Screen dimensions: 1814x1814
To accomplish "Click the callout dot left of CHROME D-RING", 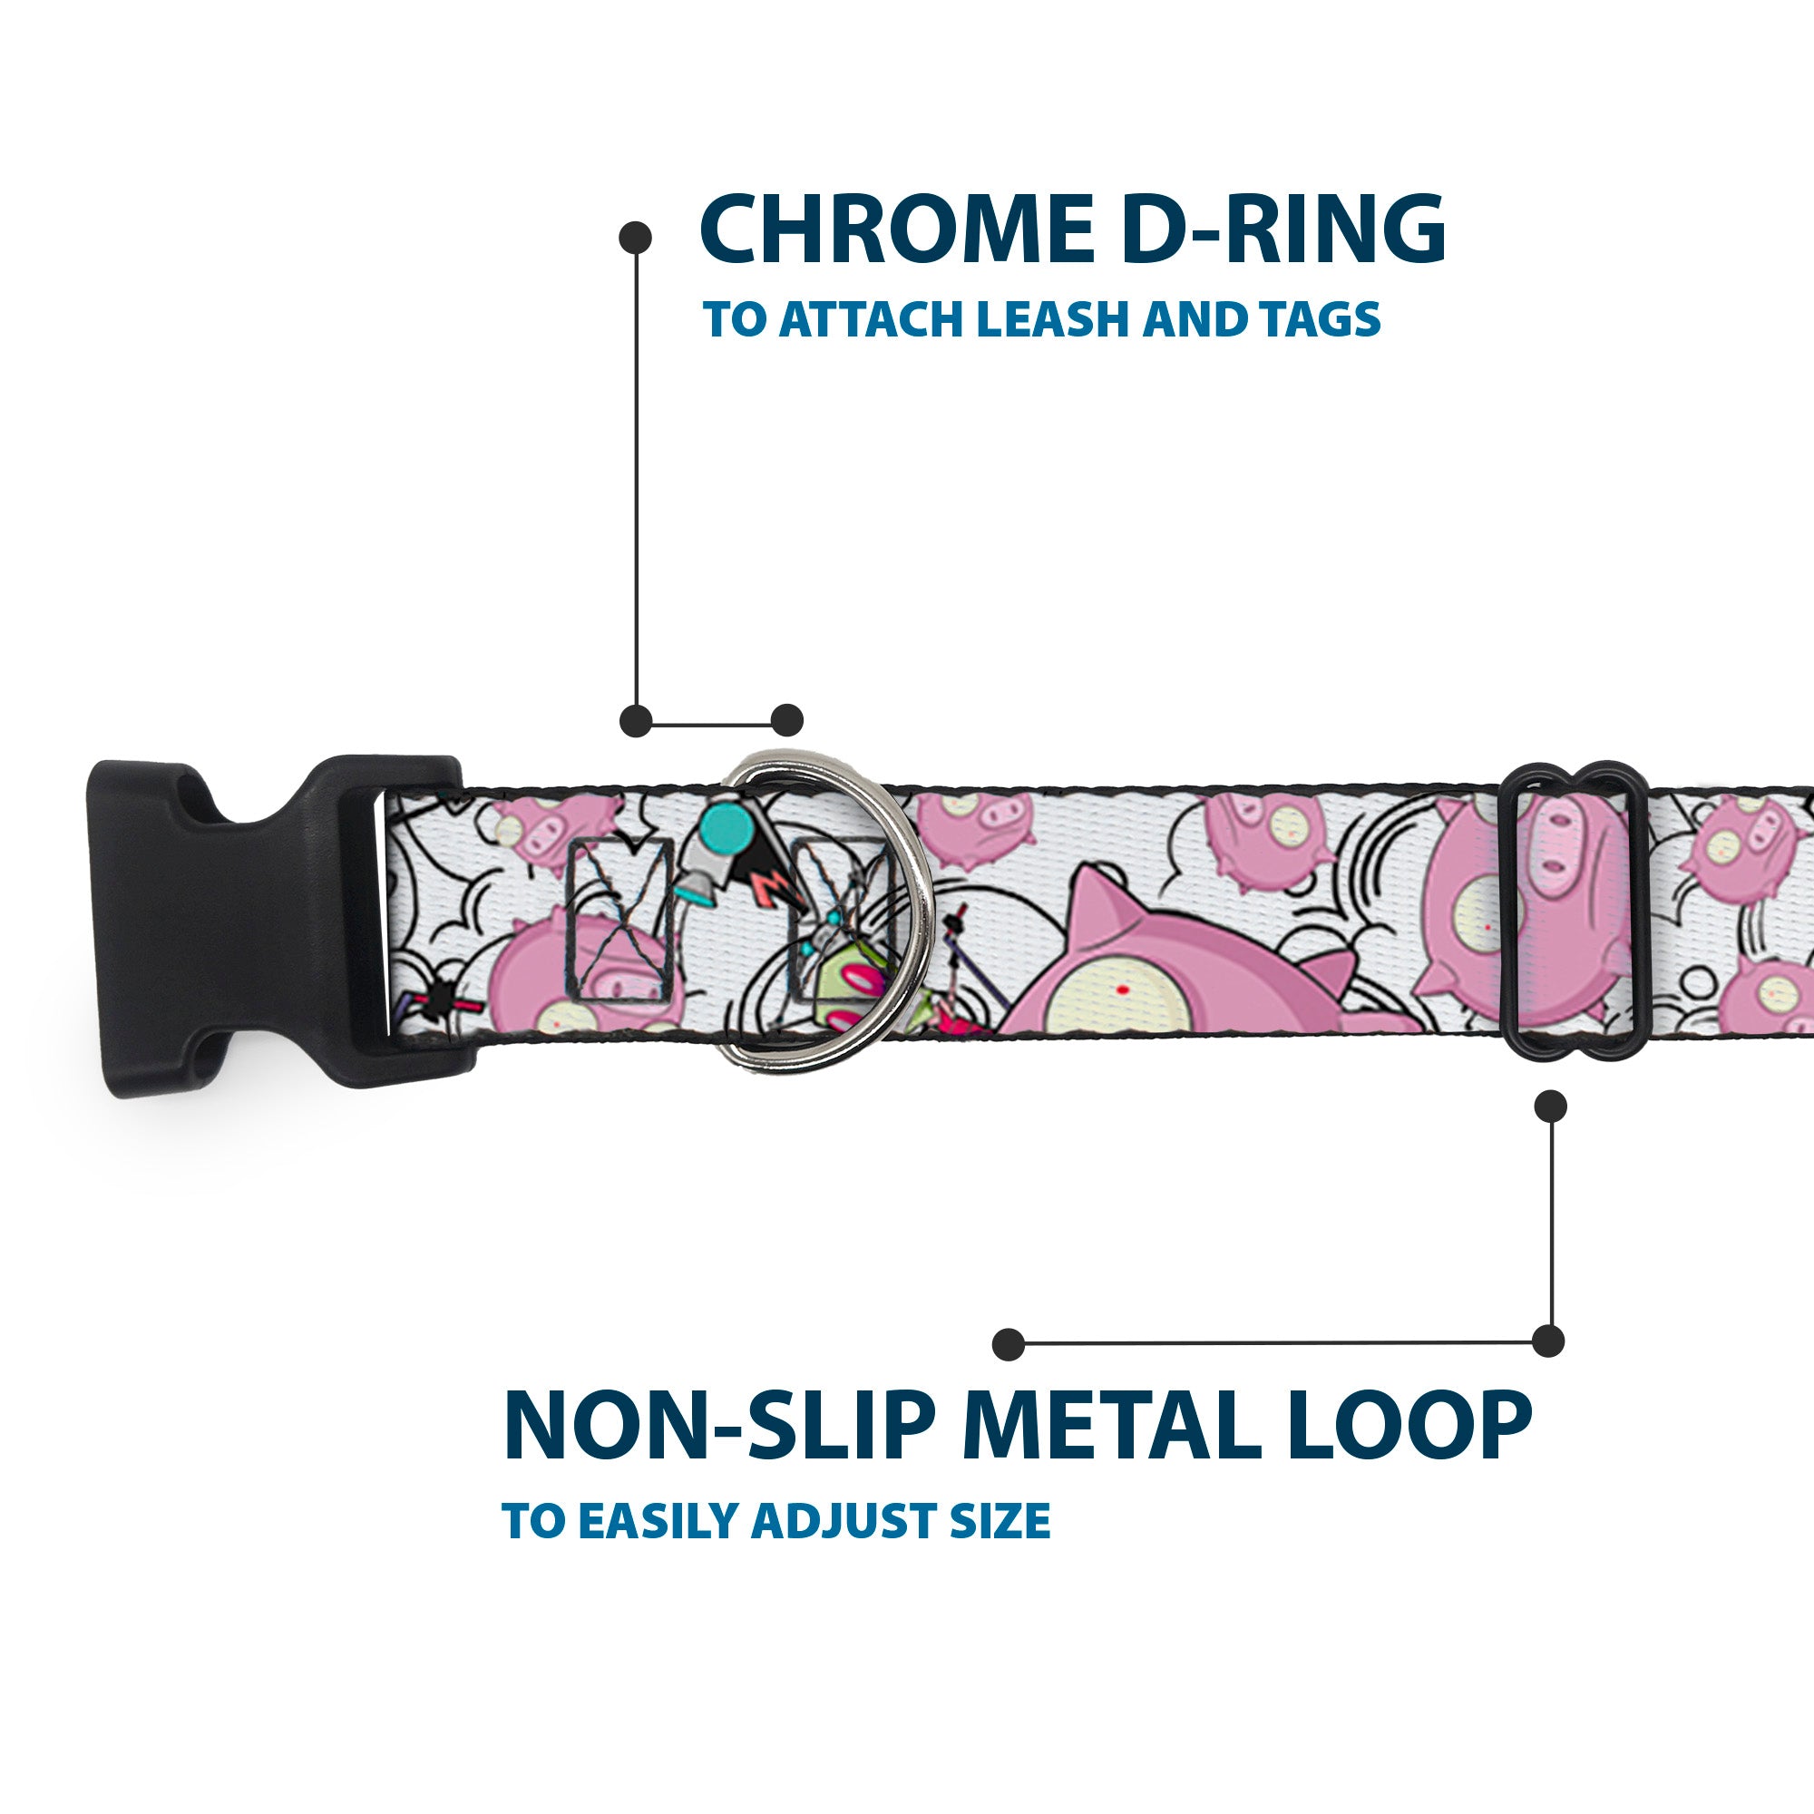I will click(x=636, y=238).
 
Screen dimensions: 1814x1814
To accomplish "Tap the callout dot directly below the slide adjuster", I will click(x=1550, y=1106).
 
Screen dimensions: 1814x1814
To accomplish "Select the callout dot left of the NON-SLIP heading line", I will click(x=1009, y=1343).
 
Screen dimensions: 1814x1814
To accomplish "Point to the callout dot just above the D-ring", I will click(x=786, y=720).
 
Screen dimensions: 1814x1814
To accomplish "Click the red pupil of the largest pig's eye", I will click(x=1121, y=991).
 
